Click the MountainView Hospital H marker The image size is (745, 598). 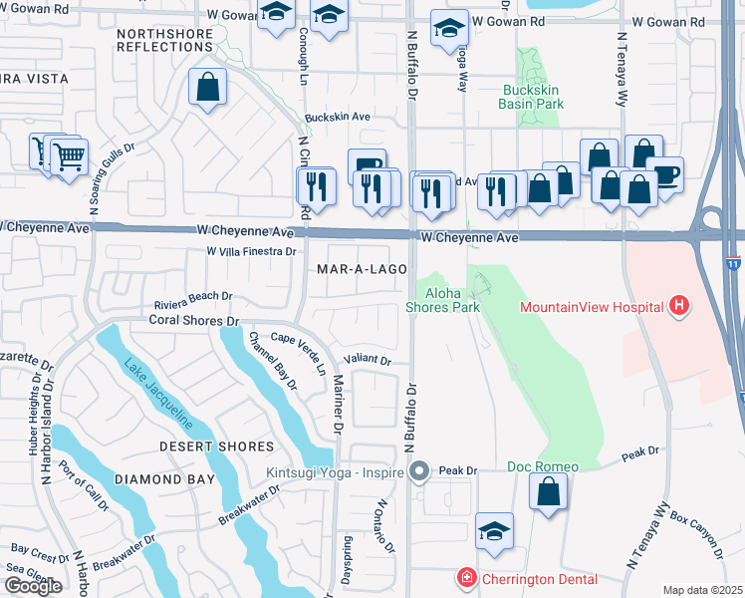[679, 305]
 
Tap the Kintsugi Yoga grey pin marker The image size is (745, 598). [420, 470]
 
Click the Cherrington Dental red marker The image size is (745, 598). [465, 578]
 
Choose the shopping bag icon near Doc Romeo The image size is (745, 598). [548, 491]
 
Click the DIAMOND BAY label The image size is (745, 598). [164, 479]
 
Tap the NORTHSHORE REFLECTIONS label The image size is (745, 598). [164, 40]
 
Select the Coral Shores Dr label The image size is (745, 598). [194, 321]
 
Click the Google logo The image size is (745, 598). [33, 585]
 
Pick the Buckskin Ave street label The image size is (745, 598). [338, 117]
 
